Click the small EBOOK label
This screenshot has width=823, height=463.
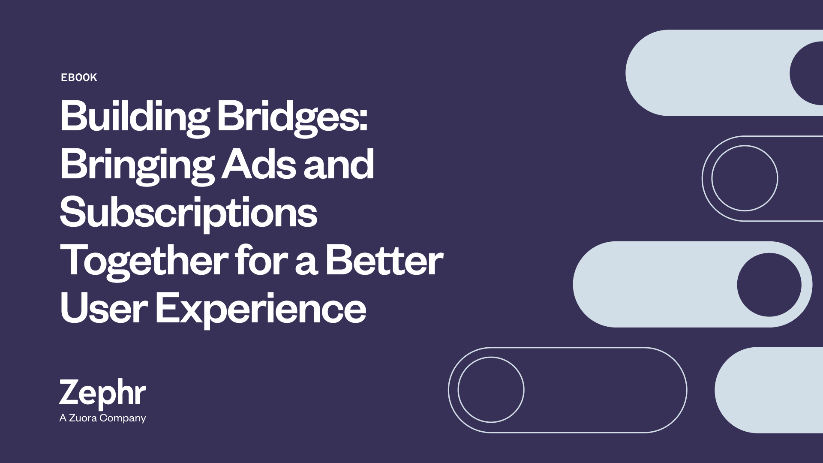pos(79,78)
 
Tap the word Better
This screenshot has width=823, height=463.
pos(384,261)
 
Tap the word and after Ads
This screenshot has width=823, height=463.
pos(339,165)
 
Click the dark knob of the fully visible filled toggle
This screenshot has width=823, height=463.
pos(769,285)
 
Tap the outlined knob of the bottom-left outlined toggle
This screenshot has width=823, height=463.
pos(491,357)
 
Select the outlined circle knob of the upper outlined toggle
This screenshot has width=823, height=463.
pos(745,146)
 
